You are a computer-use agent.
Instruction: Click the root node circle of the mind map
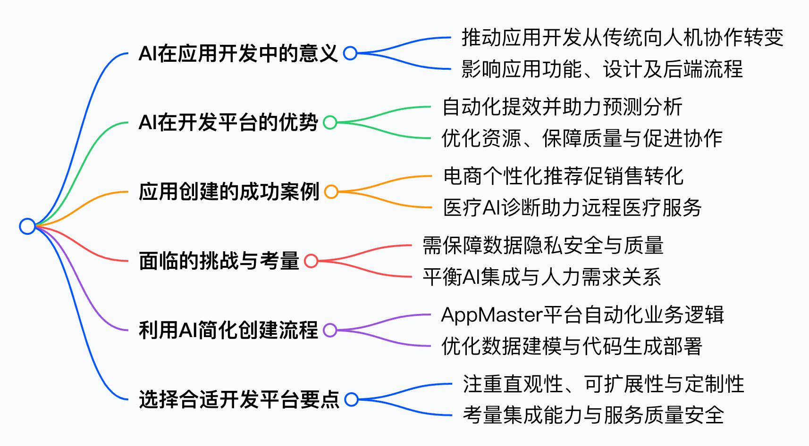[x=27, y=226]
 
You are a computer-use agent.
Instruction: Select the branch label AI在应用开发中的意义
[x=238, y=53]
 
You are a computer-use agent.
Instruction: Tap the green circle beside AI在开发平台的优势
[x=330, y=123]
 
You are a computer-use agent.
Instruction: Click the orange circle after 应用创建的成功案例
[x=331, y=192]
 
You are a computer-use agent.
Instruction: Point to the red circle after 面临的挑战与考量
[x=311, y=261]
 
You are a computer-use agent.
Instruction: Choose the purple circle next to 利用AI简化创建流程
[x=330, y=330]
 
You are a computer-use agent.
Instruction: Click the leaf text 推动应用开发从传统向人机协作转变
[x=622, y=38]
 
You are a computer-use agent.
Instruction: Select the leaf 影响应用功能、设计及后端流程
[x=602, y=69]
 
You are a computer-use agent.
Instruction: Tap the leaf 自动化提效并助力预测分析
[x=562, y=107]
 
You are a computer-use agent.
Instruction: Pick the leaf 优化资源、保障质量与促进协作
[x=581, y=139]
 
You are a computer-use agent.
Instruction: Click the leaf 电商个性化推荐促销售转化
[x=563, y=176]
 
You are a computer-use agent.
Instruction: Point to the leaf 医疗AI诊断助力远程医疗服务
[x=572, y=208]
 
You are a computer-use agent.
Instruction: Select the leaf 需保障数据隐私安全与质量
[x=543, y=246]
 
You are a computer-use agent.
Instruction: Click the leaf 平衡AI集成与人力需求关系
[x=541, y=277]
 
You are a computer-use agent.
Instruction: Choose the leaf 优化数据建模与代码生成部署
[x=572, y=346]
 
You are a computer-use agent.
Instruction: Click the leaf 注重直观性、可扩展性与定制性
[x=603, y=384]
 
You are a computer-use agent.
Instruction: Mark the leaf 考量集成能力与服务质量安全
[x=593, y=415]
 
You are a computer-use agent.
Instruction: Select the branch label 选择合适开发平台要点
[x=239, y=399]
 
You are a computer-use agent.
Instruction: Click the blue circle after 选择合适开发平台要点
[x=351, y=399]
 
